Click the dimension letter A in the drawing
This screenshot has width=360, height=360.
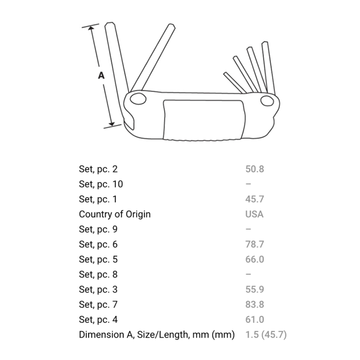tap(101, 75)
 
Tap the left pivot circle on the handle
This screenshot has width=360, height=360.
tap(138, 99)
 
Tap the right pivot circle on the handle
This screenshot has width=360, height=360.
tap(267, 101)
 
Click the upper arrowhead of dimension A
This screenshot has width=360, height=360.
tap(91, 29)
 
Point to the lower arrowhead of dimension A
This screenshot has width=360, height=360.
tap(111, 123)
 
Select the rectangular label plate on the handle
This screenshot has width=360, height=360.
tap(204, 120)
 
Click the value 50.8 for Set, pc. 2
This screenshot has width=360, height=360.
tap(254, 169)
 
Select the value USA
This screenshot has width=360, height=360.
tap(254, 214)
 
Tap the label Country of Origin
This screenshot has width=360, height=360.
tap(115, 215)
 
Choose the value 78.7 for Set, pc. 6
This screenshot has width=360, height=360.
tap(254, 244)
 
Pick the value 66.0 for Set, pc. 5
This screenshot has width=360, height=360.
tap(254, 259)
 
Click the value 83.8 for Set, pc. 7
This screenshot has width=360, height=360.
tap(254, 304)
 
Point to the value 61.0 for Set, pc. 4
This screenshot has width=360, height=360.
tap(254, 320)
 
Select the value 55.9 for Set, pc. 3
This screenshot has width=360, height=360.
tap(254, 289)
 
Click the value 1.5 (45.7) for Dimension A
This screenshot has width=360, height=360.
tap(266, 335)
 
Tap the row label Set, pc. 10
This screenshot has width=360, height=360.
tap(101, 184)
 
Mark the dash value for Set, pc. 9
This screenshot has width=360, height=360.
tap(248, 229)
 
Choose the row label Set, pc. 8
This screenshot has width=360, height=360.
tap(98, 275)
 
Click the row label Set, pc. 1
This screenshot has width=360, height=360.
tap(98, 199)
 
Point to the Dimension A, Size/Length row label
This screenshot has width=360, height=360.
tap(157, 335)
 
